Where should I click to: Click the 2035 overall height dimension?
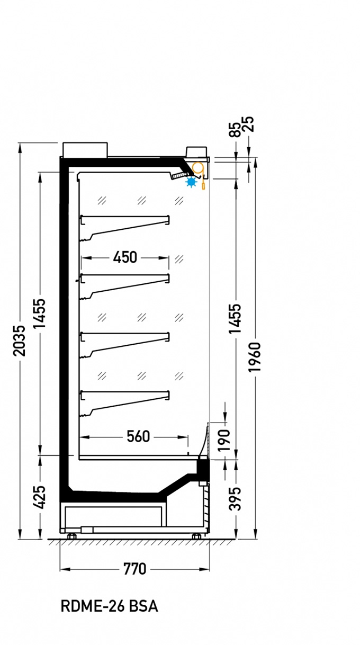[20, 341]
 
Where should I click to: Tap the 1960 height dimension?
[255, 357]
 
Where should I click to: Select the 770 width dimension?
[134, 569]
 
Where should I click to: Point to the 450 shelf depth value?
[125, 257]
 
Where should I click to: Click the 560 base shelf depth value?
[138, 436]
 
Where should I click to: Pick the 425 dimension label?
[40, 497]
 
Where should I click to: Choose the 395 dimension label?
[235, 499]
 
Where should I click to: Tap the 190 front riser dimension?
[223, 440]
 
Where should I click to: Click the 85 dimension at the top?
[235, 130]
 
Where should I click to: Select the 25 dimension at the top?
[248, 124]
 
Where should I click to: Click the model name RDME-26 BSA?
[110, 606]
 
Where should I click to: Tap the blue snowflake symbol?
[191, 182]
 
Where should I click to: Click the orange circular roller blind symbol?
[197, 167]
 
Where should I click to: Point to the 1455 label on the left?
[40, 313]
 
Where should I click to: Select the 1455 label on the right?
[235, 319]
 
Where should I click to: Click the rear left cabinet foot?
[71, 536]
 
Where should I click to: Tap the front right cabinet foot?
[196, 536]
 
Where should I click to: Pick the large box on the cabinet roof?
[85, 150]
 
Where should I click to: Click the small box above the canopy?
[196, 152]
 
